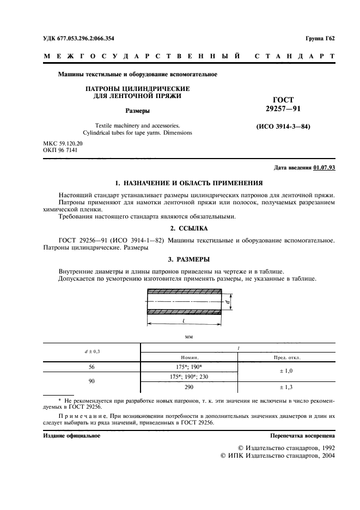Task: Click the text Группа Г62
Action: pyautogui.click(x=320, y=38)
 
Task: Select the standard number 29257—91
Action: pyautogui.click(x=283, y=109)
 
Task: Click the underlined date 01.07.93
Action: pyautogui.click(x=324, y=168)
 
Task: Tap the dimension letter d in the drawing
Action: pyautogui.click(x=230, y=301)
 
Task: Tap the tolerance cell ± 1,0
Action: pyautogui.click(x=286, y=371)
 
